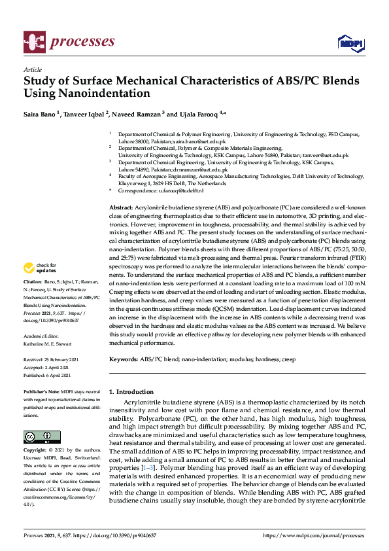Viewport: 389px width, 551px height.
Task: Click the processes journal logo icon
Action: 33,42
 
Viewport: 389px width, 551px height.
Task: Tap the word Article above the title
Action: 32,69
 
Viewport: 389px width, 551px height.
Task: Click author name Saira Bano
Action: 41,115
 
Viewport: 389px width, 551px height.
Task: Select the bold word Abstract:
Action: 122,207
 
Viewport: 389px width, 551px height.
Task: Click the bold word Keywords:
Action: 124,359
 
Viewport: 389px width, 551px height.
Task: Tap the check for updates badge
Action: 39,268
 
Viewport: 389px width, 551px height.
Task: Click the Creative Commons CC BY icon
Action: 41,436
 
